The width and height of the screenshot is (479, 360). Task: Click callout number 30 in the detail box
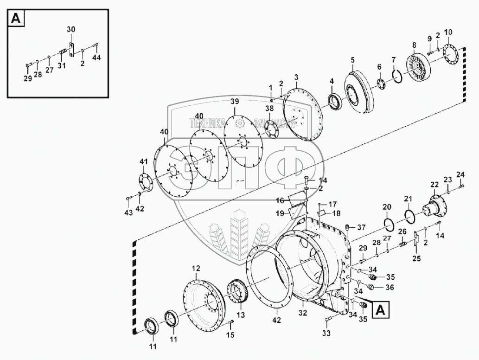(70, 29)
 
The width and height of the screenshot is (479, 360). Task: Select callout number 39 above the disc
(235, 102)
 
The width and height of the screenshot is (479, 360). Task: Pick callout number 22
(434, 185)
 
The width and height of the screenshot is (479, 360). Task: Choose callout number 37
(362, 227)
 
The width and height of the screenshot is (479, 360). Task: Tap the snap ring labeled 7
(396, 74)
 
